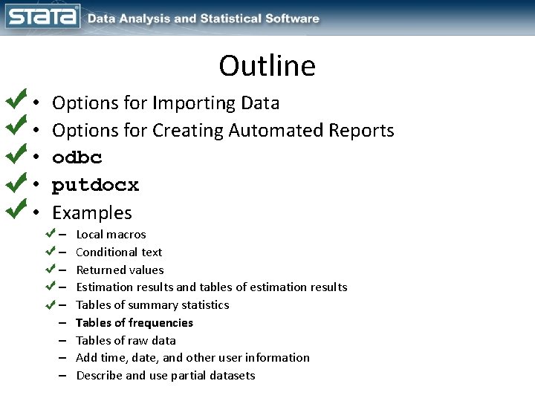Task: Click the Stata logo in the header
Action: point(42,16)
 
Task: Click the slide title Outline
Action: point(267,66)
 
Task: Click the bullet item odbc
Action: point(77,157)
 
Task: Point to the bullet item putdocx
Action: point(96,185)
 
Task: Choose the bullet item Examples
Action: point(92,213)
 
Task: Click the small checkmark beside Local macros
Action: point(51,233)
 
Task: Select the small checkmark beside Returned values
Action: point(51,267)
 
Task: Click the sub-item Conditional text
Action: point(119,252)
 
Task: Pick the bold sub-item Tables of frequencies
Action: point(134,322)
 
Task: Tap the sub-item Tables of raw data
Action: point(126,340)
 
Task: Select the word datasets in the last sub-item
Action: point(231,375)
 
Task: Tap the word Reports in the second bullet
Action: point(362,130)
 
